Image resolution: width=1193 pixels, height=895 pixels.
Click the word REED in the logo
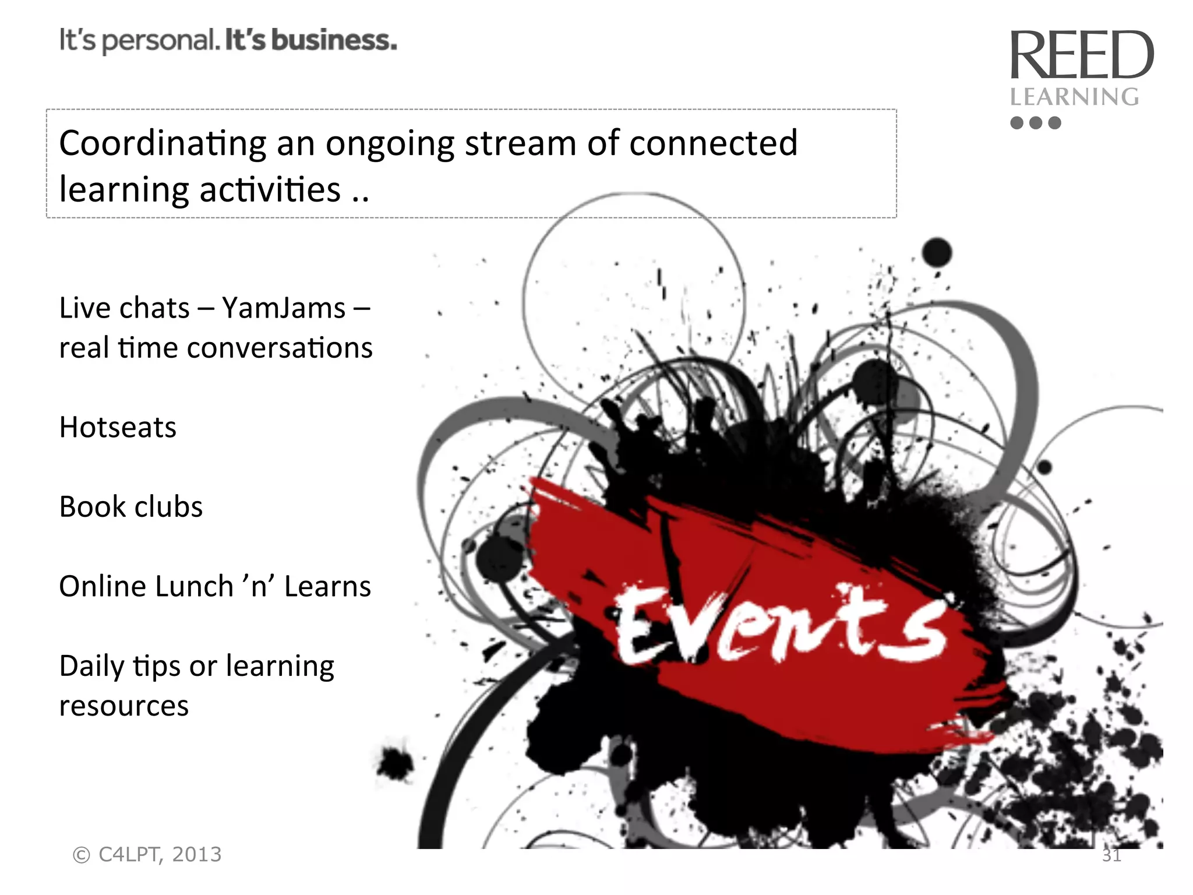pos(1081,55)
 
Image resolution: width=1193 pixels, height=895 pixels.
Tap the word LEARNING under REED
pos(1074,97)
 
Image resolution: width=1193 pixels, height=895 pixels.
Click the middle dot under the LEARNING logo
pos(1035,123)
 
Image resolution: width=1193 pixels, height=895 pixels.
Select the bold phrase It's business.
pos(310,40)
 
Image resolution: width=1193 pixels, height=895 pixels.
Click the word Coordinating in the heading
pos(163,143)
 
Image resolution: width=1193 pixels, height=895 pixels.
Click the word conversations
pos(280,348)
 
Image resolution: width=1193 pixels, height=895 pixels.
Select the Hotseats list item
pos(118,427)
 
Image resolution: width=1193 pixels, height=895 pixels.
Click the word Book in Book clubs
pos(93,506)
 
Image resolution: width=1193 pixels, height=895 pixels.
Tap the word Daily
pos(91,666)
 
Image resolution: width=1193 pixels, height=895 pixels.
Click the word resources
pos(124,706)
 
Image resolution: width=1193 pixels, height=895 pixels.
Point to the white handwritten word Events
pos(781,626)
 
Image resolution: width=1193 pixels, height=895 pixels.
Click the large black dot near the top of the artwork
pos(937,253)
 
